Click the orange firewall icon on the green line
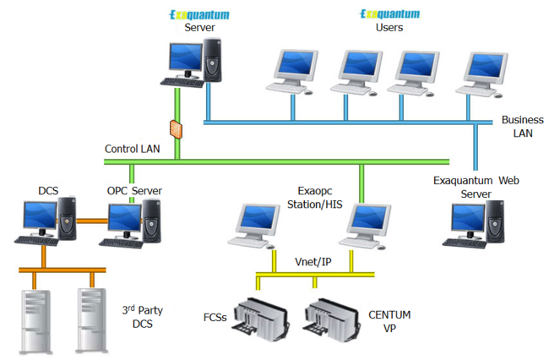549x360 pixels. (x=177, y=129)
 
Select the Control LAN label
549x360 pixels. (x=132, y=149)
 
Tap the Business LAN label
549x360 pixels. (x=515, y=126)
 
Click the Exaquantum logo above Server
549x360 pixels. (x=199, y=14)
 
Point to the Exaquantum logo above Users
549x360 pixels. (x=389, y=14)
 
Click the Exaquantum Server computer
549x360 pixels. (x=195, y=64)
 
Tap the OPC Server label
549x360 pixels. (x=133, y=191)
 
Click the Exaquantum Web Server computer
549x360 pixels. (x=476, y=225)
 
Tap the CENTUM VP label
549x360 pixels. (x=389, y=321)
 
